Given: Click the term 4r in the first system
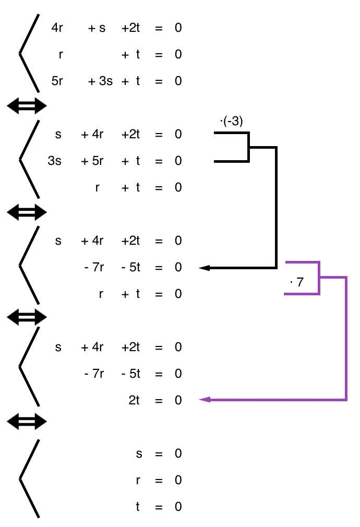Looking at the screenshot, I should coord(57,28).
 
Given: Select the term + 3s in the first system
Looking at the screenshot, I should coord(100,81).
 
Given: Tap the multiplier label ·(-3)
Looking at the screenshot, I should coord(232,122).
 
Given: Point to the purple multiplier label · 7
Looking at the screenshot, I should coord(296,283).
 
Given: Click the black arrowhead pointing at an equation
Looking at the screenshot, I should coord(205,268).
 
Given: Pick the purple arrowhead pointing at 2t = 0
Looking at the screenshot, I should coord(205,400).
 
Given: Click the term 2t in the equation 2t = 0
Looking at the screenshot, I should coord(134,400).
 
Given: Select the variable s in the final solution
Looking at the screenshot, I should coord(138,453).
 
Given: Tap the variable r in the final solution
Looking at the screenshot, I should coord(138,480).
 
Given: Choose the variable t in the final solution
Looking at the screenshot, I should coord(138,507).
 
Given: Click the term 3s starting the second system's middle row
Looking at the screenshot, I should coord(54,161).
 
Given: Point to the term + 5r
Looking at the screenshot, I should coord(92,161).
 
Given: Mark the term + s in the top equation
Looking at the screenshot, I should coord(97,28).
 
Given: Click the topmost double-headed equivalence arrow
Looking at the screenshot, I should coord(26,106).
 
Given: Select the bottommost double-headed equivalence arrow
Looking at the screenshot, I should coord(26,422).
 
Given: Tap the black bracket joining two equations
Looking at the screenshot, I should coord(249,148).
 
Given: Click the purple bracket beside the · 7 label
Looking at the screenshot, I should coord(319,278).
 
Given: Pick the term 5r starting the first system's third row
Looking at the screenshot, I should coord(57,81).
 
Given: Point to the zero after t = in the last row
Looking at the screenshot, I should coord(178,507).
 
